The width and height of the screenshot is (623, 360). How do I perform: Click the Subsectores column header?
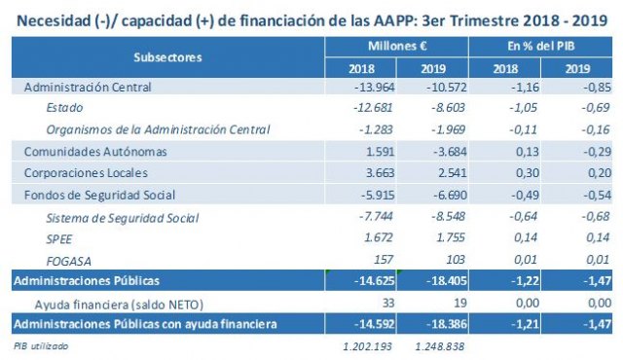[168, 57]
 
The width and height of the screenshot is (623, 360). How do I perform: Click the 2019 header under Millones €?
[433, 69]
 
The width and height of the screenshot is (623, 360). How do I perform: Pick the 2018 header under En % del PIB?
[504, 69]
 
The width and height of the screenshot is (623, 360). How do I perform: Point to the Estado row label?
[66, 109]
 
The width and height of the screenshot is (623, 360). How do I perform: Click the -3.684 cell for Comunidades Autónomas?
[434, 151]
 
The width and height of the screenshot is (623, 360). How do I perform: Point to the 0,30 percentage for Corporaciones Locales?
[508, 171]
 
